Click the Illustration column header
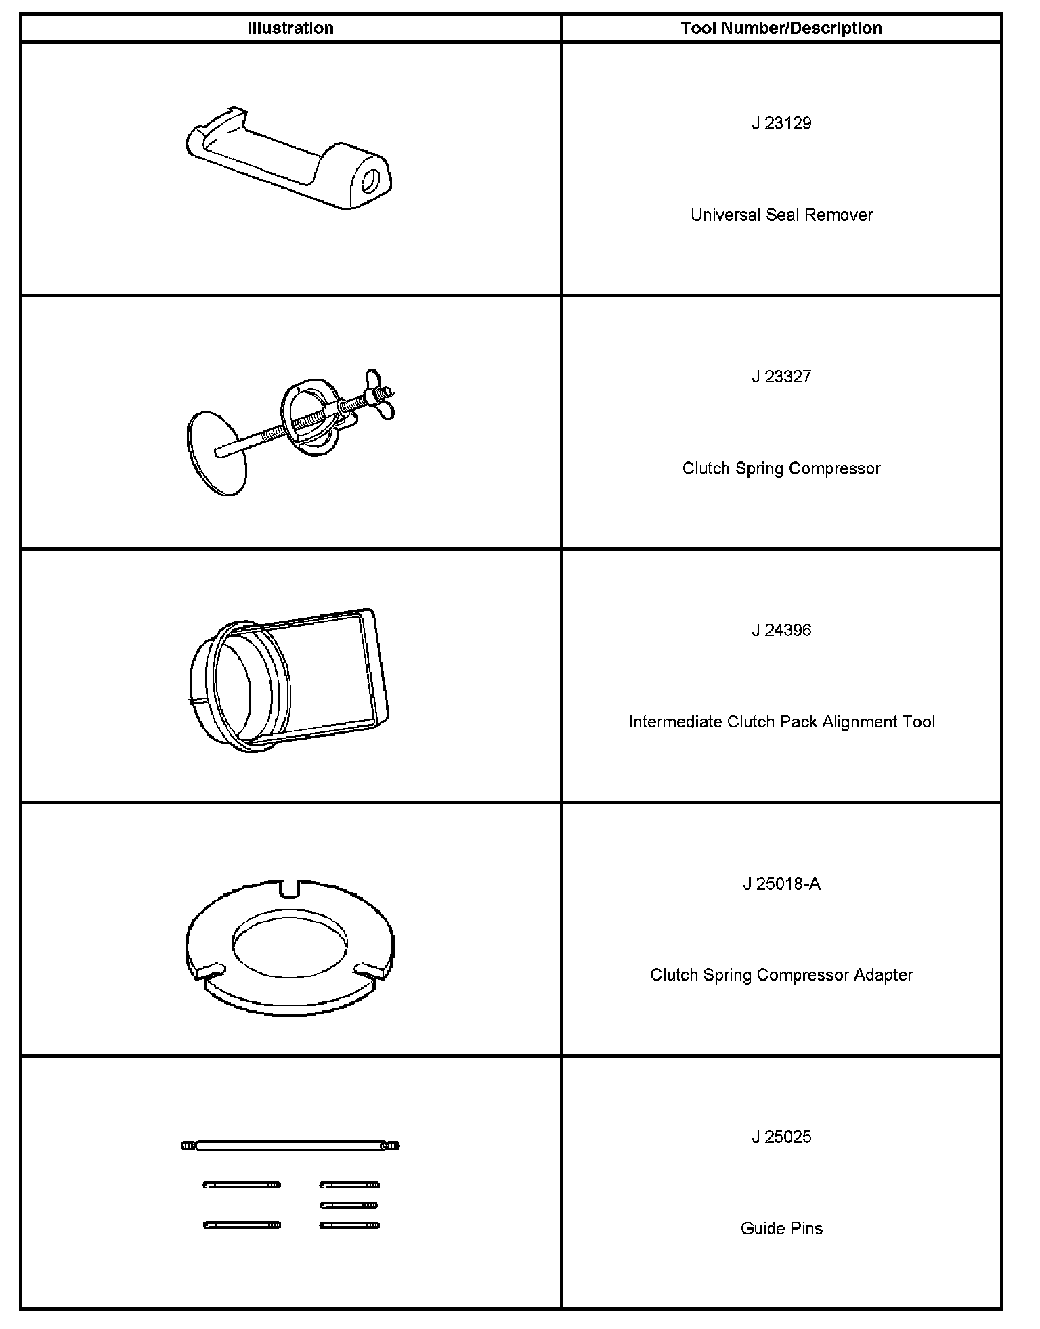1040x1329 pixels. [290, 28]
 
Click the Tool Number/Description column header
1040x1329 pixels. [781, 28]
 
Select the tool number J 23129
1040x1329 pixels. [781, 123]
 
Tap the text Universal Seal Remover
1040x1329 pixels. [781, 215]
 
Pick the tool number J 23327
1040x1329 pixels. [781, 377]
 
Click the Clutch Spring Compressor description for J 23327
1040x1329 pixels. [781, 468]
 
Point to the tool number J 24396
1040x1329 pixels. [781, 631]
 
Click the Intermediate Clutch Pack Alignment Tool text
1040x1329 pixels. [781, 722]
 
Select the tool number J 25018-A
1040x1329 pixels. [781, 884]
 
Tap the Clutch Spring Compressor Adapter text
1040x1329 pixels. [781, 975]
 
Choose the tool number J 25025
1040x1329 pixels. [781, 1137]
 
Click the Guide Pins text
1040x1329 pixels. [781, 1228]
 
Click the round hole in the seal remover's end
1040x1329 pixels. [372, 181]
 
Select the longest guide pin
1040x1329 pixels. [290, 1146]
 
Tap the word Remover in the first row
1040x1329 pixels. [841, 215]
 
